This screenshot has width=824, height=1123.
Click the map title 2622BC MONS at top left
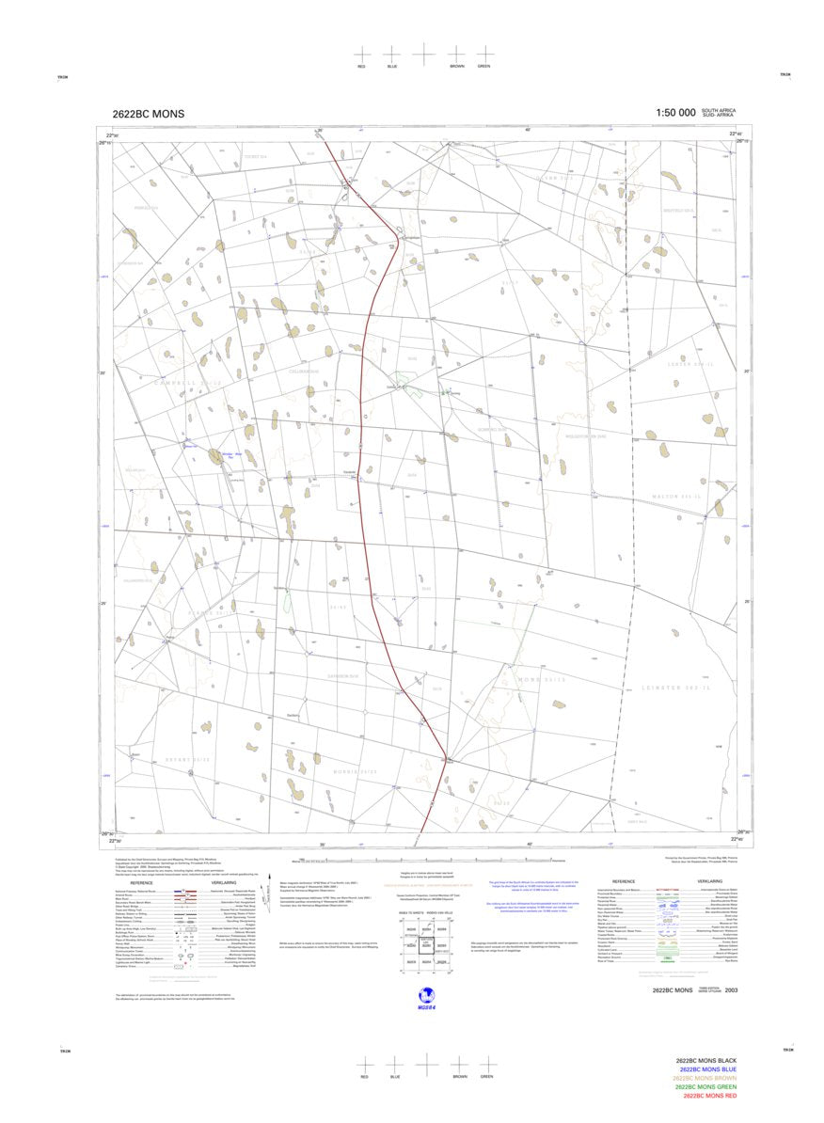pos(148,114)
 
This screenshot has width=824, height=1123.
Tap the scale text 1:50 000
pos(675,113)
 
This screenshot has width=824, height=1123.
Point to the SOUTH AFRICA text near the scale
pos(719,110)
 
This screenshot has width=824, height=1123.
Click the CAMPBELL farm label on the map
pos(188,382)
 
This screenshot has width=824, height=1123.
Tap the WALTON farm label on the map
pos(678,495)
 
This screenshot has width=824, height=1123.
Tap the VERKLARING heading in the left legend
pos(224,882)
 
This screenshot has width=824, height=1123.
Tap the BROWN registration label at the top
pos(456,66)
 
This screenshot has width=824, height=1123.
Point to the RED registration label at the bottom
pos(364,1076)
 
